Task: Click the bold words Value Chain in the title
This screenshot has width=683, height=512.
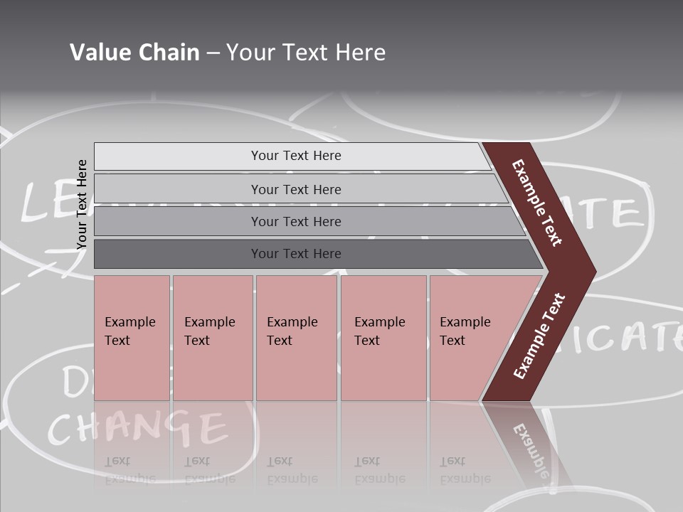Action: coord(134,52)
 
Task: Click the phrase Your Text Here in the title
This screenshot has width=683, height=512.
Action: coord(306,52)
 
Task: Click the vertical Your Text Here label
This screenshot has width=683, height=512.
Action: coord(82,204)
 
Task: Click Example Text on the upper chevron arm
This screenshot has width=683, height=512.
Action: coord(537,203)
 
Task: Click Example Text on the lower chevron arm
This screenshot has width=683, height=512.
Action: coord(539,336)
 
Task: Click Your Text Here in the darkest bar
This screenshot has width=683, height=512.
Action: coord(296,254)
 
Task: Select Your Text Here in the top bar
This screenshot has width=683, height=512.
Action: coord(296,156)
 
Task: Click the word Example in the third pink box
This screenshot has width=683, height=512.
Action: coord(292,322)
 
